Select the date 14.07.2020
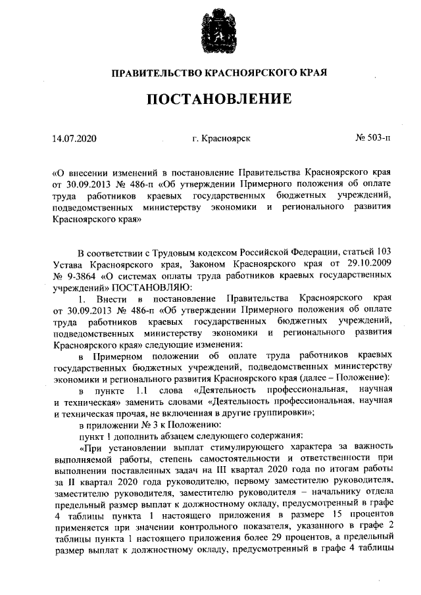(74, 139)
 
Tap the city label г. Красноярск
(221, 139)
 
